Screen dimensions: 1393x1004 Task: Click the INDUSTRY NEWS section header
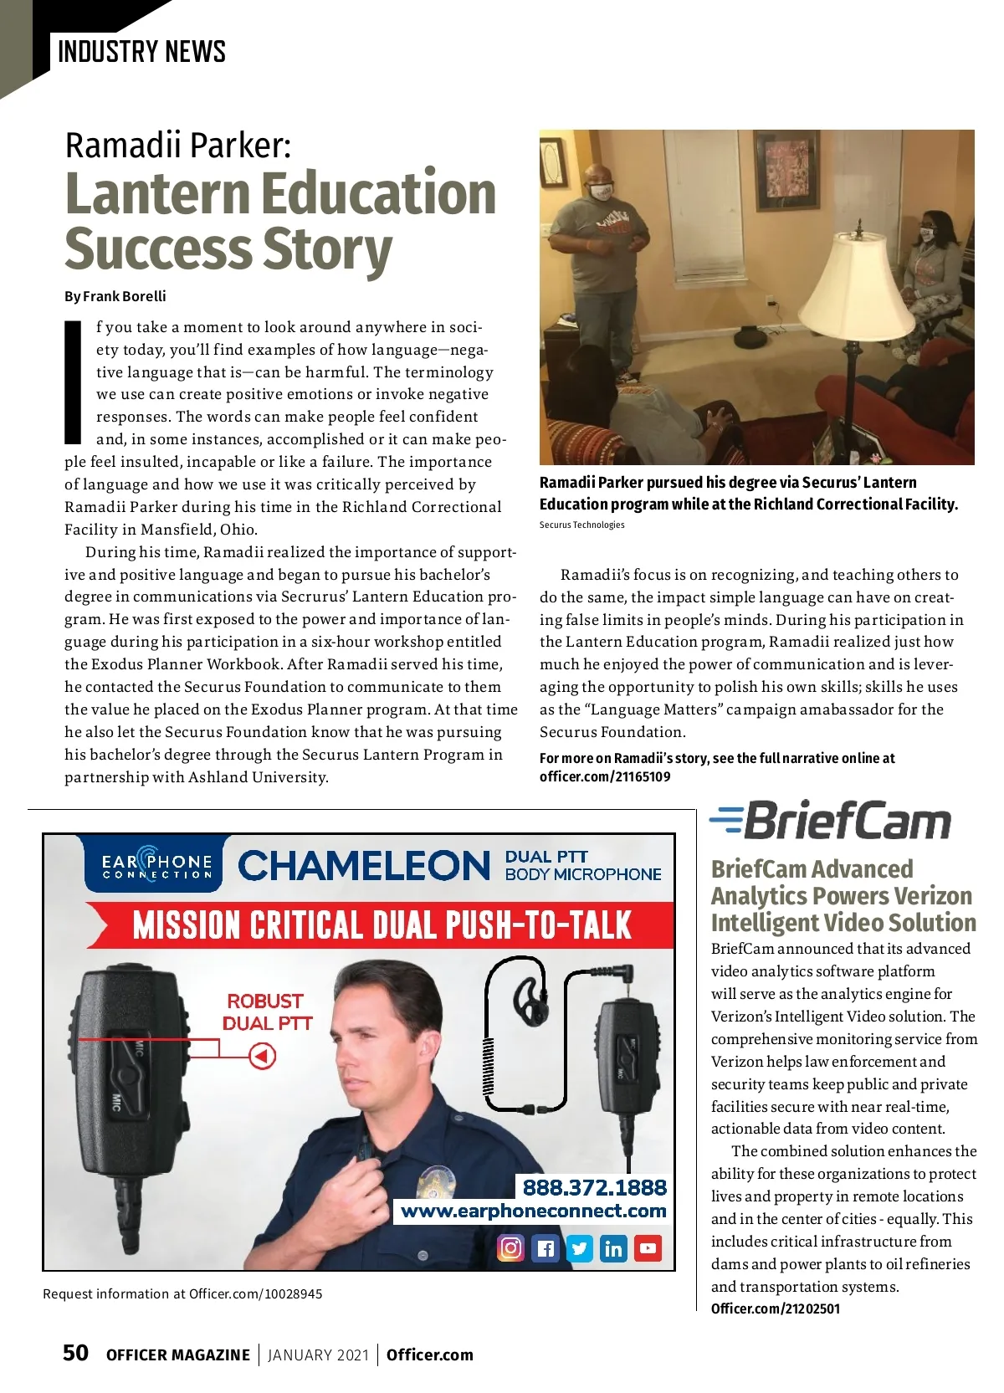[141, 52]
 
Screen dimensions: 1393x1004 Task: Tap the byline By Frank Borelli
[115, 296]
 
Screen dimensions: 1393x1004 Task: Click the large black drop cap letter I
[74, 382]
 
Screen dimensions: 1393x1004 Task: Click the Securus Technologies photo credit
[581, 525]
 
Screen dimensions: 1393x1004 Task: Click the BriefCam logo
[830, 821]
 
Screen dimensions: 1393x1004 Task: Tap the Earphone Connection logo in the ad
[157, 865]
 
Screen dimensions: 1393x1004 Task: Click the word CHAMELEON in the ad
[363, 866]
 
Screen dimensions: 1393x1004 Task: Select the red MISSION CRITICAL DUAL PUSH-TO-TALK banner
[382, 925]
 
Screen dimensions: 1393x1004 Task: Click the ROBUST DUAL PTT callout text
[267, 1011]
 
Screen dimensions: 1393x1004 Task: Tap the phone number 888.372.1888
[594, 1187]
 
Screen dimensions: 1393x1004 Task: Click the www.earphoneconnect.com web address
[533, 1211]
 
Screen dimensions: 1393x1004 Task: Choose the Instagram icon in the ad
[510, 1248]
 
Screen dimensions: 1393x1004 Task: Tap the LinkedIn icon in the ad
[613, 1248]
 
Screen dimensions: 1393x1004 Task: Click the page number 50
[75, 1353]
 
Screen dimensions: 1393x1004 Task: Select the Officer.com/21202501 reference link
[775, 1308]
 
